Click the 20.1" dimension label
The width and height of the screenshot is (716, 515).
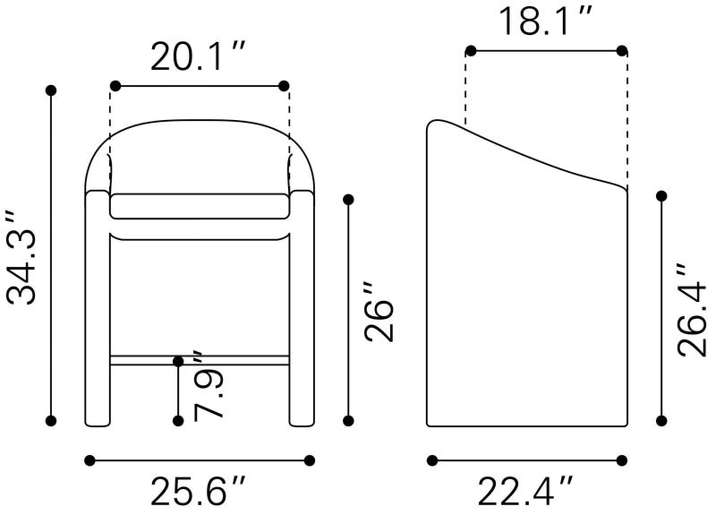[x=198, y=56]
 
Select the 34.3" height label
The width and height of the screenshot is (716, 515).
[x=21, y=258]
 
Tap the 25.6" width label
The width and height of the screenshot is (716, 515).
[x=198, y=492]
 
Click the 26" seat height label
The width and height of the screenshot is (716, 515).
[x=379, y=312]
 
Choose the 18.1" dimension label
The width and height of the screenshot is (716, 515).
[x=547, y=21]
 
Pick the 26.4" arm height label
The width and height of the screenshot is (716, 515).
[x=693, y=310]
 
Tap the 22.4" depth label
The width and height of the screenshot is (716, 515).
[x=525, y=492]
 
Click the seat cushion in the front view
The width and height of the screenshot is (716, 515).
[x=200, y=206]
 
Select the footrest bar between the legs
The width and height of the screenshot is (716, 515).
[x=200, y=360]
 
